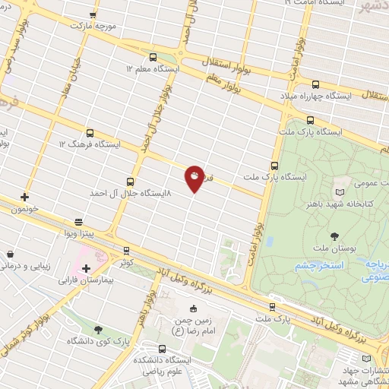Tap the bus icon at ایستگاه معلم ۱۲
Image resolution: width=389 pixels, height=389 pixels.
coord(153,57)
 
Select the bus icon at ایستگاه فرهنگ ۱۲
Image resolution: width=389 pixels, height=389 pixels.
coord(90,133)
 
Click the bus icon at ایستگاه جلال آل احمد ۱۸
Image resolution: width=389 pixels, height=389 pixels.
coord(130,182)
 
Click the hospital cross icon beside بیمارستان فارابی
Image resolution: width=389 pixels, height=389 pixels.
coord(86,268)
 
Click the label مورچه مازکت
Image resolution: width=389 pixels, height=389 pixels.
coord(91,26)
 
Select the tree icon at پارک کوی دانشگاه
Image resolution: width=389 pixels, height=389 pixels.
coord(99,329)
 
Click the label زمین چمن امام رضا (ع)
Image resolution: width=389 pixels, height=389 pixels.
coord(193,326)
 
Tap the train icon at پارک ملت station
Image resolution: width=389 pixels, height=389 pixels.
coord(273,307)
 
